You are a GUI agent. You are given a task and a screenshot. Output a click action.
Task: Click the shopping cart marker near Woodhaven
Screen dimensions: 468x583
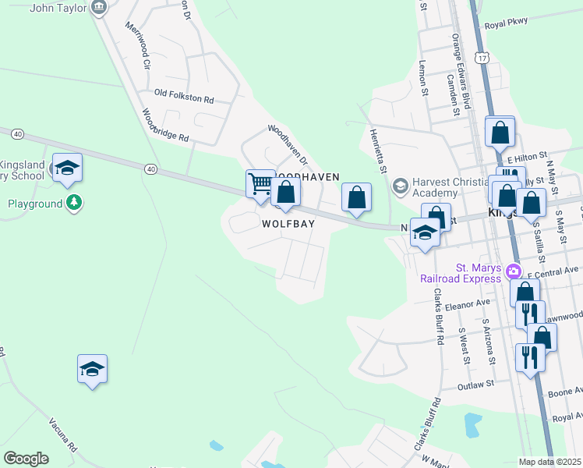260,184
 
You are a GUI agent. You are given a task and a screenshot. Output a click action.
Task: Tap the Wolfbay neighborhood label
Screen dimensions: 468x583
288,224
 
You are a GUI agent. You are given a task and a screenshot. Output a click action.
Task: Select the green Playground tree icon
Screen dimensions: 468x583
74,204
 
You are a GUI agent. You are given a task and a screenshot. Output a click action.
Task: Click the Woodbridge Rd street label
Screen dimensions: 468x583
166,125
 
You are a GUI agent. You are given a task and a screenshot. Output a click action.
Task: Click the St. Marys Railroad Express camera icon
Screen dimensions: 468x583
513,271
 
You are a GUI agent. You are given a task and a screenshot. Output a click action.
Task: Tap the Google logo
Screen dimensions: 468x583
26,459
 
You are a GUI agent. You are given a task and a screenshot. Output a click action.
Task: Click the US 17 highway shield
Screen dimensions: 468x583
484,58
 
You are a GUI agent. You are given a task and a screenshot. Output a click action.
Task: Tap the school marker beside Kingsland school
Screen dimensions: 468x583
67,168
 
